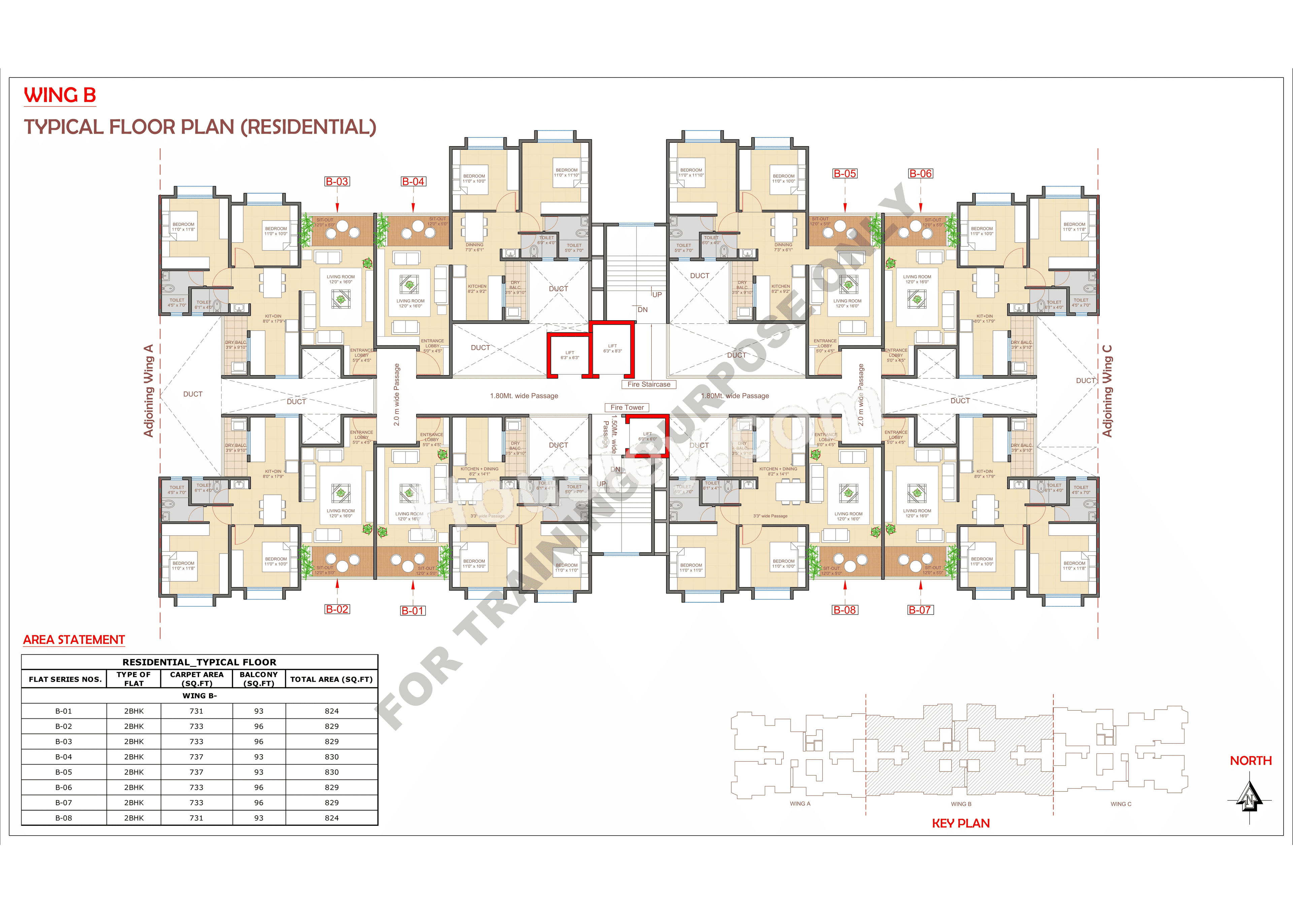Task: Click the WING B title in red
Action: (60, 95)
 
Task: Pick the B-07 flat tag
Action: (920, 610)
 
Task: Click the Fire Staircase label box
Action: (649, 384)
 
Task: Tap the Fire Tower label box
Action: (627, 408)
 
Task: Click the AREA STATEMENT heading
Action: (74, 640)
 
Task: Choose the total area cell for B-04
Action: (332, 757)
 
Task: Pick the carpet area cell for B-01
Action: (197, 711)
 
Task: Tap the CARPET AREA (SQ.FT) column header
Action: (197, 679)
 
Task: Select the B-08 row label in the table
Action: (64, 818)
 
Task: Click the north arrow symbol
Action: (1249, 799)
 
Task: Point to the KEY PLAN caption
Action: (961, 823)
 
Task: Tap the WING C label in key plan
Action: (1121, 804)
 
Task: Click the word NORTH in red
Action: (1250, 761)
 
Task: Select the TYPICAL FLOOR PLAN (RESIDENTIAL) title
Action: (200, 127)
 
